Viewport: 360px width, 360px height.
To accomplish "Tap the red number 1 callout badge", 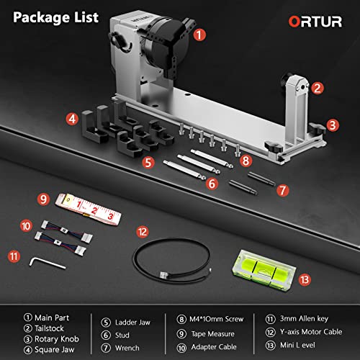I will click(199, 33).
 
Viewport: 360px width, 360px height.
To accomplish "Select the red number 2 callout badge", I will click(317, 89).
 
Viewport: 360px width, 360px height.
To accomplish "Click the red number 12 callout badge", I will click(143, 232).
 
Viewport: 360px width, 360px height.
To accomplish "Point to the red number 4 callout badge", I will click(72, 118).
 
